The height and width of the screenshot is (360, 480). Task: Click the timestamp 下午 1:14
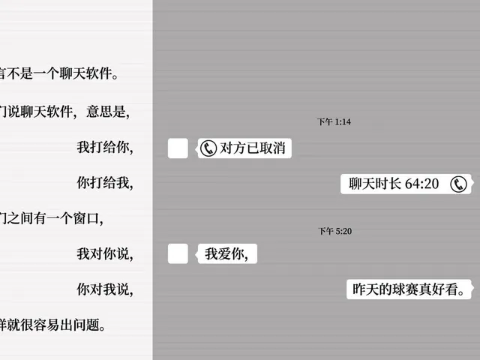[334, 121]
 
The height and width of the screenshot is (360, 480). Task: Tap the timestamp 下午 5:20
[335, 231]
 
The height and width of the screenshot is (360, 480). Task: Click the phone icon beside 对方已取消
[208, 148]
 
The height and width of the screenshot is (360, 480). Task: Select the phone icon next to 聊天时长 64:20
[458, 184]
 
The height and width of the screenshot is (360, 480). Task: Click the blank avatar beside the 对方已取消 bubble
[178, 148]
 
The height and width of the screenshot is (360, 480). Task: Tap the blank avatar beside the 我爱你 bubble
[178, 253]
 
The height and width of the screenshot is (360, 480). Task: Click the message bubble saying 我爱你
[226, 253]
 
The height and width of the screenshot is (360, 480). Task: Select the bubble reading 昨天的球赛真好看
[409, 289]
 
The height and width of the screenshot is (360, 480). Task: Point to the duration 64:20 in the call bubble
[421, 184]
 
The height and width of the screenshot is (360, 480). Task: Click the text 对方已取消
[253, 148]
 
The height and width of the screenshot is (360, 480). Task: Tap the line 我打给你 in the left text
[105, 147]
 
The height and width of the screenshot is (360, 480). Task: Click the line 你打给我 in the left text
[105, 183]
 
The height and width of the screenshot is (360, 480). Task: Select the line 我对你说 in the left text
[105, 253]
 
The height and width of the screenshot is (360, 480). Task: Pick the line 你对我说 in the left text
[105, 289]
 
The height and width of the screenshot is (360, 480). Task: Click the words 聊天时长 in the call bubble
[375, 184]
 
